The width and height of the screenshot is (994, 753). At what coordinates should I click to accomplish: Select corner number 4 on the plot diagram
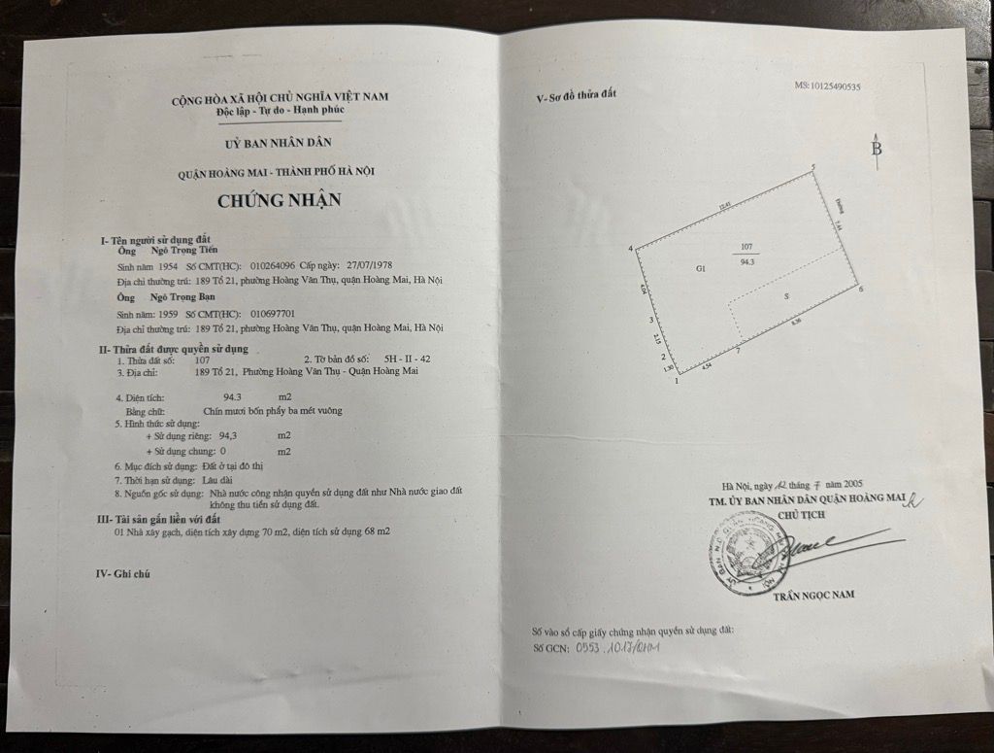point(630,249)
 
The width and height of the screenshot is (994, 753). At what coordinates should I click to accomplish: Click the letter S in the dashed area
point(785,295)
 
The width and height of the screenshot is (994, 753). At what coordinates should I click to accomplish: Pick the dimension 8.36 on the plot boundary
point(797,322)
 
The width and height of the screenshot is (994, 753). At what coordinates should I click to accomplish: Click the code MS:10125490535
point(827,86)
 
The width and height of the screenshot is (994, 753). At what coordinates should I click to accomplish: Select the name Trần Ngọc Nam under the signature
point(814,594)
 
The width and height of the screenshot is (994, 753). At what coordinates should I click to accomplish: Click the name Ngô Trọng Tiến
point(183,250)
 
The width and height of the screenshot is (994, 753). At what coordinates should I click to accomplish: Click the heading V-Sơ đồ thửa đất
point(577,96)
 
